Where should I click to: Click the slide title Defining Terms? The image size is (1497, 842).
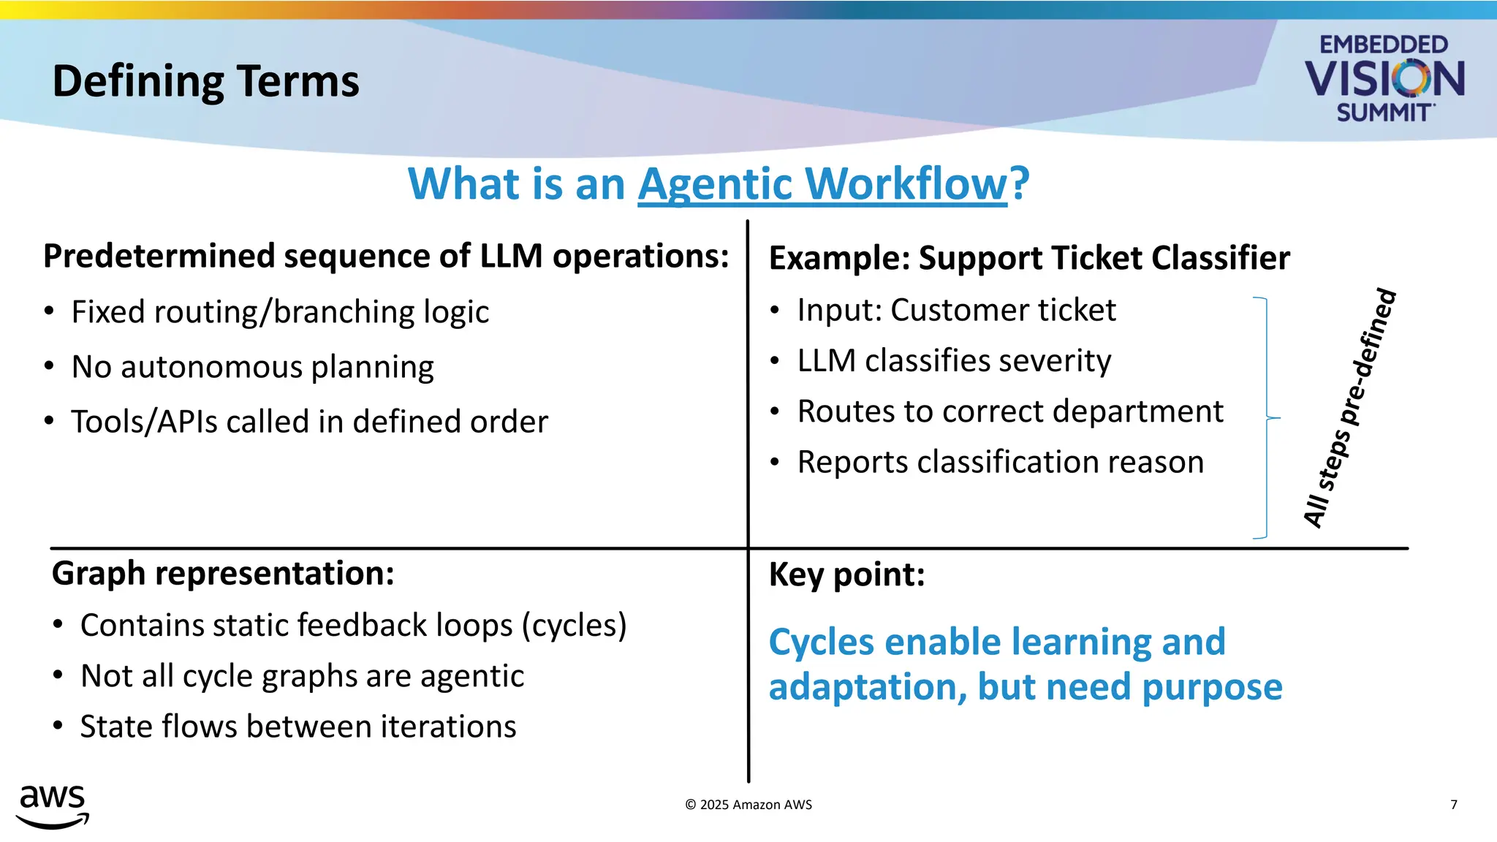[x=205, y=81]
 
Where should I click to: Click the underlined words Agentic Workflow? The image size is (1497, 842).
[x=822, y=183]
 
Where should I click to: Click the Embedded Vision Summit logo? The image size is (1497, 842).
[x=1384, y=78]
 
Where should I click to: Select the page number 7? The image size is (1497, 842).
[x=1453, y=805]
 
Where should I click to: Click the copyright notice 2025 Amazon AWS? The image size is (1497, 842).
[x=748, y=805]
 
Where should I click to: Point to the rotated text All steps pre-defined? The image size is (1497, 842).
[x=1350, y=408]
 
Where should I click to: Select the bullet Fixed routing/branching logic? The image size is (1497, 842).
[x=280, y=312]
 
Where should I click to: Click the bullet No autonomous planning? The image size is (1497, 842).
[x=252, y=367]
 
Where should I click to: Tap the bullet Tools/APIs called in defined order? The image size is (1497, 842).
[x=309, y=422]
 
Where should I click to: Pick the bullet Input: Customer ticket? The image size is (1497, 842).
[x=956, y=310]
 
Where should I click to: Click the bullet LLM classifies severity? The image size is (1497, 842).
[x=954, y=361]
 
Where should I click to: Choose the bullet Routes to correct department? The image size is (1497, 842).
[x=1009, y=411]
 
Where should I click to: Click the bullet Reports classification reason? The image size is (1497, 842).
[x=1000, y=462]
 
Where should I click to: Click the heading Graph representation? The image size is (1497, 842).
[x=223, y=573]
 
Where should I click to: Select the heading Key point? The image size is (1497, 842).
[x=846, y=574]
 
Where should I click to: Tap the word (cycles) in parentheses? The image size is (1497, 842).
[x=574, y=626]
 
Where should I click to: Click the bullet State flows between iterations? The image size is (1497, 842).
[x=297, y=727]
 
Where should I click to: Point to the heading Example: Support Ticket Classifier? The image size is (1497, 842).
[x=1028, y=258]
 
